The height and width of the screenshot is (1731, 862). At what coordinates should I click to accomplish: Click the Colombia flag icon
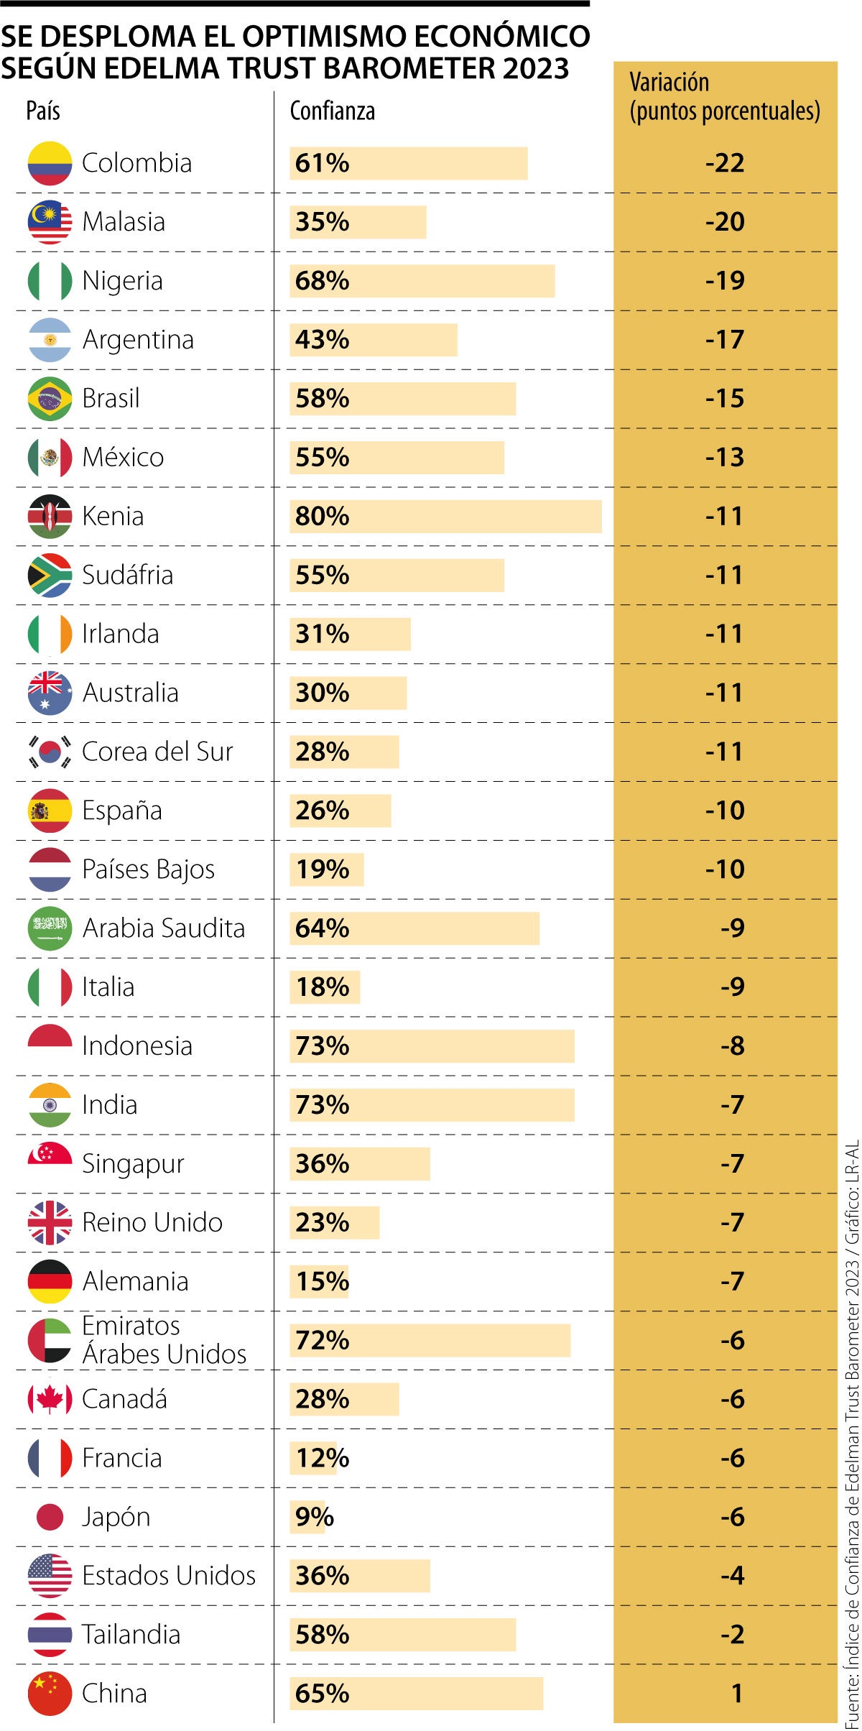coord(50,163)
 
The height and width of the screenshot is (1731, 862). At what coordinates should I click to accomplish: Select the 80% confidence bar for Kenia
coord(445,516)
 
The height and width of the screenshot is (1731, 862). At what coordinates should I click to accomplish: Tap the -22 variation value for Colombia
coord(724,163)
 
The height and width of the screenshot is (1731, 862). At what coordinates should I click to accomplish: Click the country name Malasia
coord(124,222)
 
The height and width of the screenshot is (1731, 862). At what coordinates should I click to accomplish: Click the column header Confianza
coord(332,111)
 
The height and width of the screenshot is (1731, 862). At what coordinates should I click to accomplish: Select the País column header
coord(43,111)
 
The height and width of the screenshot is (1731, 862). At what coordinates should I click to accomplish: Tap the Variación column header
coord(724,97)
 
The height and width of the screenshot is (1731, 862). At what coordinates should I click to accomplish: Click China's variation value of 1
coord(736,1694)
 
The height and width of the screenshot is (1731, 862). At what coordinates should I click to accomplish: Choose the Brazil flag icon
coord(50,398)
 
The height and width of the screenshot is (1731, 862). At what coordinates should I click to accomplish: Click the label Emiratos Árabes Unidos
coord(164,1340)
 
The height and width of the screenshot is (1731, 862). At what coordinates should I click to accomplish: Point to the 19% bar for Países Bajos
coord(326,869)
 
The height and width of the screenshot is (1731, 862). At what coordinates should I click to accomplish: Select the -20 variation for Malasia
coord(724,222)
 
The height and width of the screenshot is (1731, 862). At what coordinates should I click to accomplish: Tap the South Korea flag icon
coord(50,752)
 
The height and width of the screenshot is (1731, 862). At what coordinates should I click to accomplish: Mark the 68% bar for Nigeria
coord(422,281)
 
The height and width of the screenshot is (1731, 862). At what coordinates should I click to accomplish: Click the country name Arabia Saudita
coord(164,928)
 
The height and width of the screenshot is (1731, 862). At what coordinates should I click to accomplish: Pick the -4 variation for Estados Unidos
coord(732,1576)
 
